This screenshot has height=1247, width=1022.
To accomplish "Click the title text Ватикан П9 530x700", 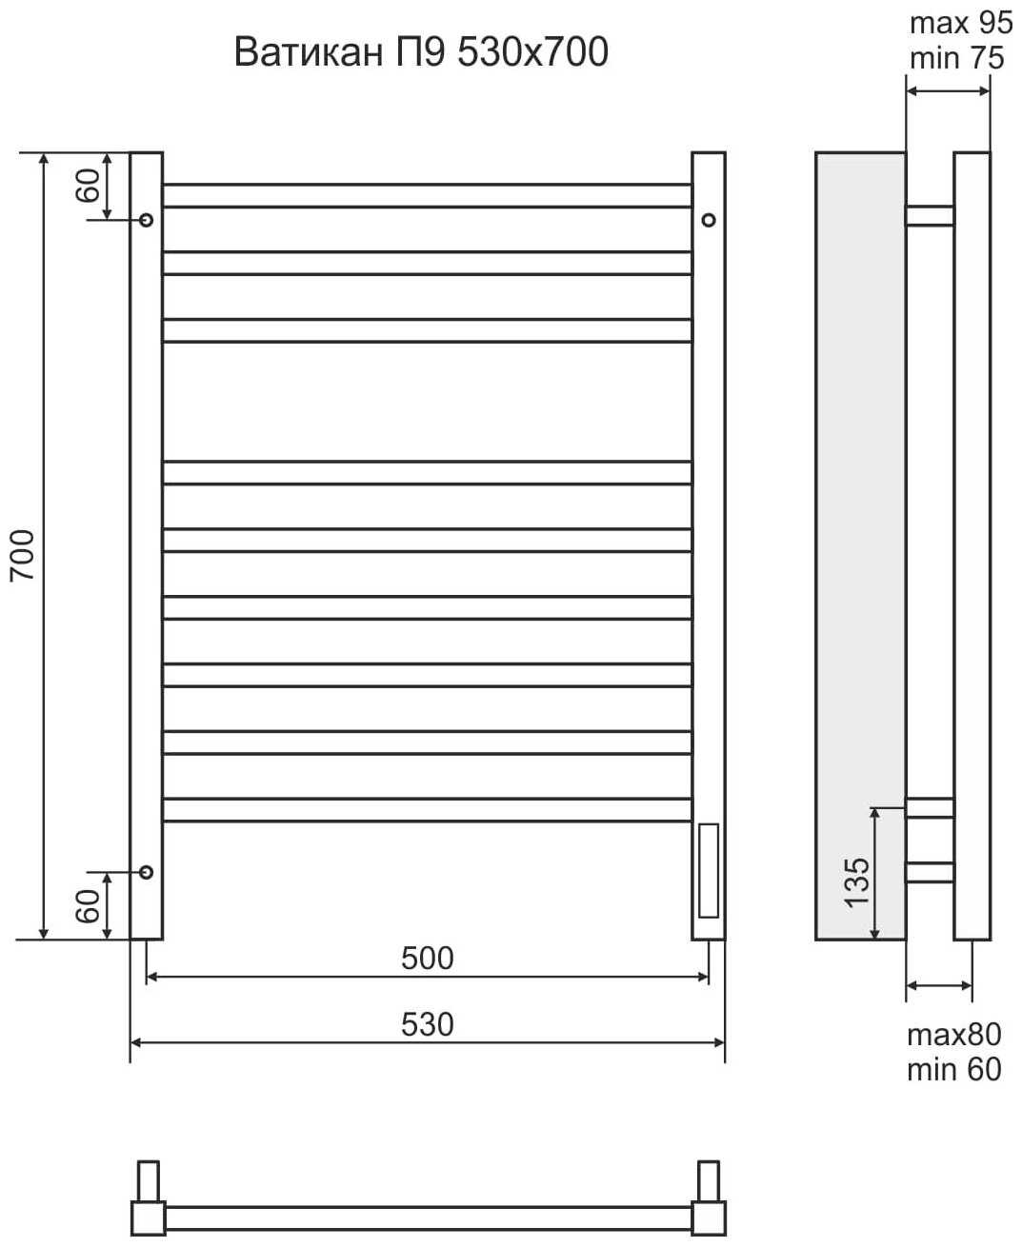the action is (421, 52).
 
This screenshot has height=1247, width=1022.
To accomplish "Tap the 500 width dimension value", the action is (428, 959).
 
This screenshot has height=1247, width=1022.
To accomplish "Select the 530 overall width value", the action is (428, 1024).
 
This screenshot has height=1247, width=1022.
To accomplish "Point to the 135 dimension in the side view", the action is (856, 882).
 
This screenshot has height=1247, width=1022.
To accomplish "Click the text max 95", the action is (961, 23).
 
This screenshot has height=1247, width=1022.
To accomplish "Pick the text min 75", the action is (957, 58).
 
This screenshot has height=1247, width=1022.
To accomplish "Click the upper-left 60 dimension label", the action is (88, 186).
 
